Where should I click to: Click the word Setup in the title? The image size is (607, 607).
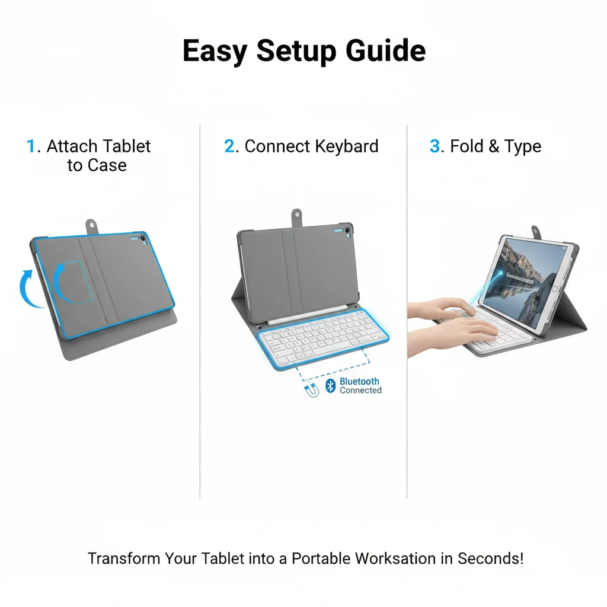(x=296, y=51)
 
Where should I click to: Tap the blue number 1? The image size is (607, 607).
(x=31, y=146)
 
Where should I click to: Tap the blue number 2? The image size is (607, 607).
(x=229, y=146)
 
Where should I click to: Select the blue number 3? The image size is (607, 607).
(x=435, y=146)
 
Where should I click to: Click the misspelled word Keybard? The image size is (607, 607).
(x=346, y=147)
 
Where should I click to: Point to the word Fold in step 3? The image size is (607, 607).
(x=467, y=146)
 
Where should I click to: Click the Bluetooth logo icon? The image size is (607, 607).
(x=330, y=386)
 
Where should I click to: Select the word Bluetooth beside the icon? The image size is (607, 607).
(x=359, y=381)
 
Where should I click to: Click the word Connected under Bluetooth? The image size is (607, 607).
(x=361, y=390)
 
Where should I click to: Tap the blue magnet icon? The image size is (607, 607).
(x=312, y=390)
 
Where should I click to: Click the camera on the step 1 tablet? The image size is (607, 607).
(x=143, y=238)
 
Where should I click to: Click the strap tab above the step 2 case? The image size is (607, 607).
(x=296, y=217)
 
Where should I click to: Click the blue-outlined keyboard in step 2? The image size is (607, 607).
(x=324, y=338)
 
